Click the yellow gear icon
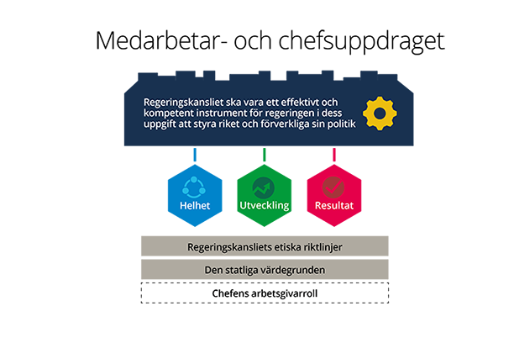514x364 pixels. [x=380, y=113]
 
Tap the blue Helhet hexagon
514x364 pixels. [x=195, y=196]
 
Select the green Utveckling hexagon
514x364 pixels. [x=265, y=196]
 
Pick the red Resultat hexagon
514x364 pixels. [x=334, y=196]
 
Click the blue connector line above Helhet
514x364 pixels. [x=195, y=155]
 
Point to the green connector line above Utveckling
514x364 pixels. [x=265, y=155]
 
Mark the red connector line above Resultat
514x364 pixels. [x=334, y=155]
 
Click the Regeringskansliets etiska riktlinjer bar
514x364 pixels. [x=265, y=245]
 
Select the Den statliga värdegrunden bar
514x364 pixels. [x=265, y=269]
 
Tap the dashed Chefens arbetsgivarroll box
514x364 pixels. [x=265, y=293]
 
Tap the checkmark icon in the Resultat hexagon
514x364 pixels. [x=333, y=187]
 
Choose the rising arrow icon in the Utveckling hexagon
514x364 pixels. [x=264, y=187]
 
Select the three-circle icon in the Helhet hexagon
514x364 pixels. [x=194, y=187]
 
